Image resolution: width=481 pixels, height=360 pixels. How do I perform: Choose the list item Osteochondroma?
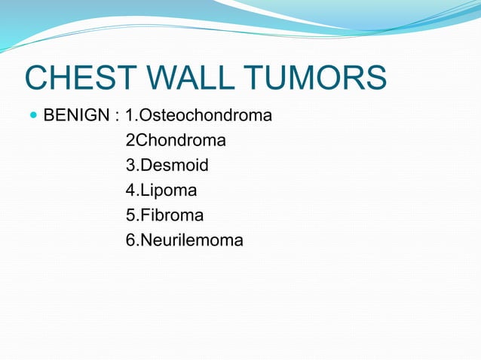206,116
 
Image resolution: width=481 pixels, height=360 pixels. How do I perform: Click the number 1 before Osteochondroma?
130,116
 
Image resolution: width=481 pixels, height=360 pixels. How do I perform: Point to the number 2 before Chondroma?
130,141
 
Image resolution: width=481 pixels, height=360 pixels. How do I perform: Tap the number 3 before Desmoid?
130,166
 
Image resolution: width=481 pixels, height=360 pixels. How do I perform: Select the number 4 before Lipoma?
130,191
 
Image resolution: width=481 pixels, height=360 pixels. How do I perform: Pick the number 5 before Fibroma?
130,215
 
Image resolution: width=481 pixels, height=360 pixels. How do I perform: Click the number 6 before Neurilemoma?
130,241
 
